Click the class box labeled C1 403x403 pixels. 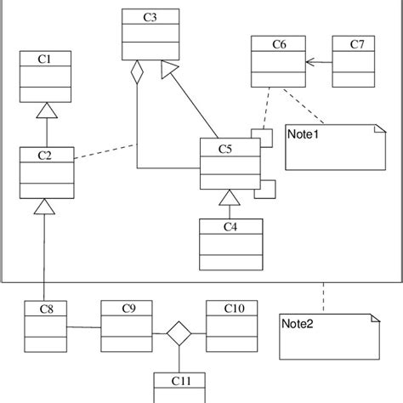coord(46,77)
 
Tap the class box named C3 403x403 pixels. coord(150,35)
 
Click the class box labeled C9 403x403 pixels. coord(126,326)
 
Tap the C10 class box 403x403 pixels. coord(230,326)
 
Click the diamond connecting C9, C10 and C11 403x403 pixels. coord(178,333)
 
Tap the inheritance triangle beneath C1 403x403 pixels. coord(46,111)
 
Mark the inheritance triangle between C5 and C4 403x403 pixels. coord(227,199)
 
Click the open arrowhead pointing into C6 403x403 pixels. coord(309,61)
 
